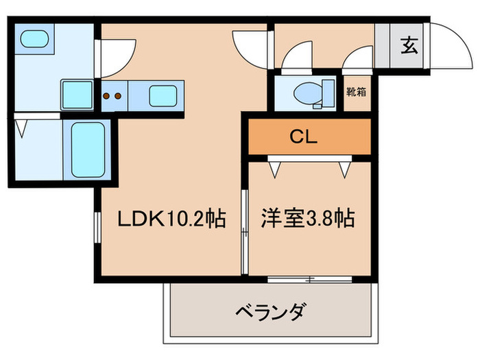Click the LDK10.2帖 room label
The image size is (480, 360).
pyautogui.click(x=171, y=219)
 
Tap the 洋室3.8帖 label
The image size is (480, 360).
pyautogui.click(x=307, y=219)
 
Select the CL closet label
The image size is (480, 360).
pyautogui.click(x=302, y=136)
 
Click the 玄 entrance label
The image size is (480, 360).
pyautogui.click(x=409, y=47)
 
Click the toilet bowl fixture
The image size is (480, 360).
pyautogui.click(x=307, y=93)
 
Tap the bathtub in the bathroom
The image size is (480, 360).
pyautogui.click(x=87, y=149)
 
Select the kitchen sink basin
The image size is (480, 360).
pyautogui.click(x=163, y=95)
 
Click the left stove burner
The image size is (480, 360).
pyautogui.click(x=108, y=96)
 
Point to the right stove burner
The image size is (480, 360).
pyautogui.click(x=118, y=96)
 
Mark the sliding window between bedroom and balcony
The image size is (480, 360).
pyautogui.click(x=309, y=279)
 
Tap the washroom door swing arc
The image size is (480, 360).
pyautogui.click(x=114, y=58)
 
